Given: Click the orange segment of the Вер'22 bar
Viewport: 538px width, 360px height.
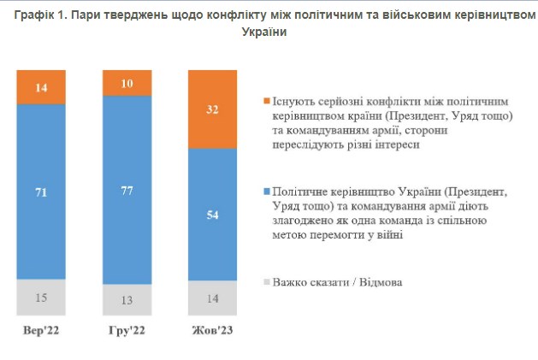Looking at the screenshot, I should [x=41, y=87].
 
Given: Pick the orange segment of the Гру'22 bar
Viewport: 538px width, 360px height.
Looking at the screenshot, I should [x=126, y=84].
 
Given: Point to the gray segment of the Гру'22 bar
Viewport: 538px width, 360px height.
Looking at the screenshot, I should [x=126, y=299].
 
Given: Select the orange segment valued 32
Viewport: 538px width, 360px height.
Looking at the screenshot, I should [x=212, y=109].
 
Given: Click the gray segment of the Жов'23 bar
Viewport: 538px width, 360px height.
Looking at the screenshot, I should [x=212, y=298].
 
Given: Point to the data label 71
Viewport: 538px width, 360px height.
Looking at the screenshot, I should [x=41, y=192].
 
